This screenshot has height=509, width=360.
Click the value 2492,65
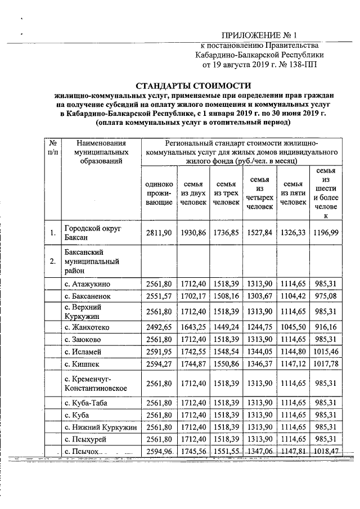click(159, 327)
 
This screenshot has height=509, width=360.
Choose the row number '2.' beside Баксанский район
click(52, 261)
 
